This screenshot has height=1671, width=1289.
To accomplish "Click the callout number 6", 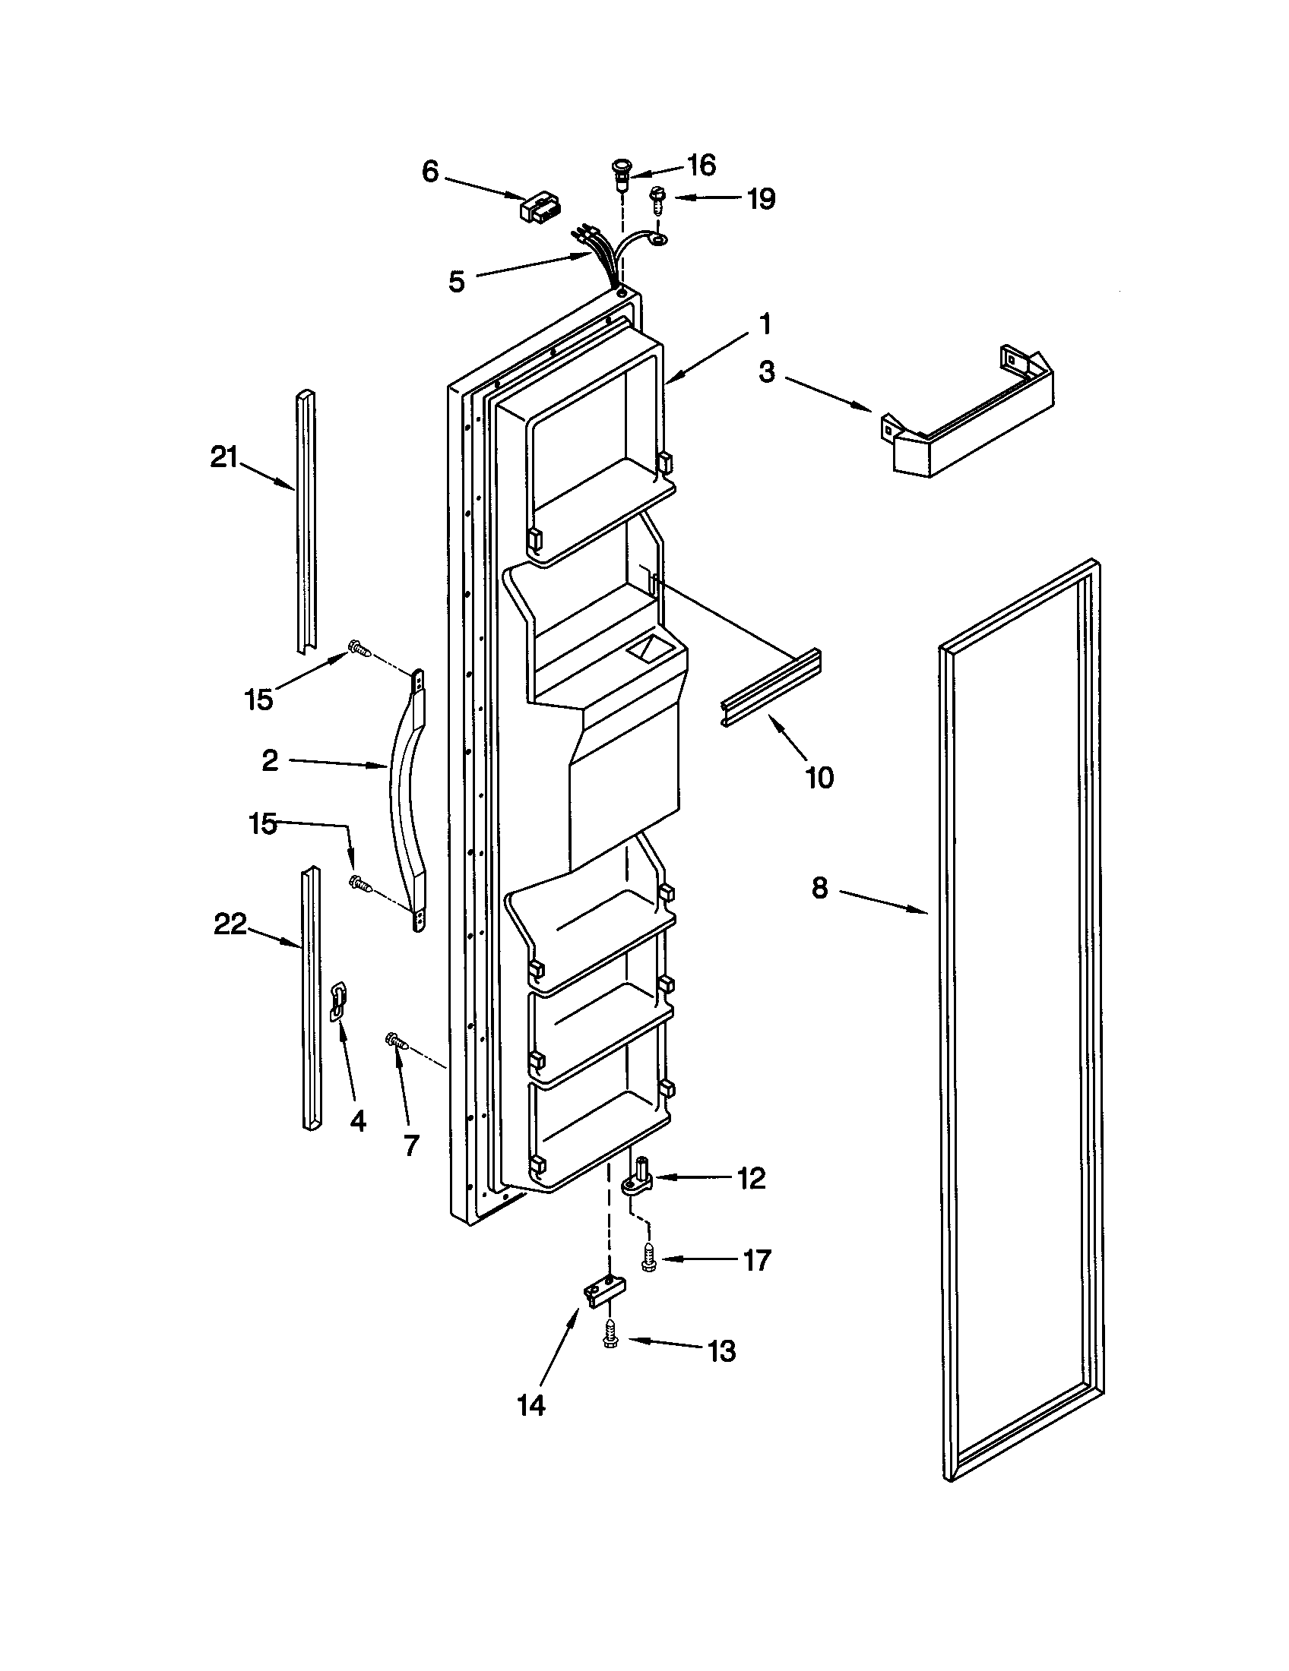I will coord(431,172).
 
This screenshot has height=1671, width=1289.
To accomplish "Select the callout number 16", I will coord(702,165).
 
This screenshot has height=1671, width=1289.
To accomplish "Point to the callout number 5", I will coord(456,282).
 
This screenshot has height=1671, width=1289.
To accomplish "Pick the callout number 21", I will coord(224,458).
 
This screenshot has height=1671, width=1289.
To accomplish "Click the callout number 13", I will coord(722,1351).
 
